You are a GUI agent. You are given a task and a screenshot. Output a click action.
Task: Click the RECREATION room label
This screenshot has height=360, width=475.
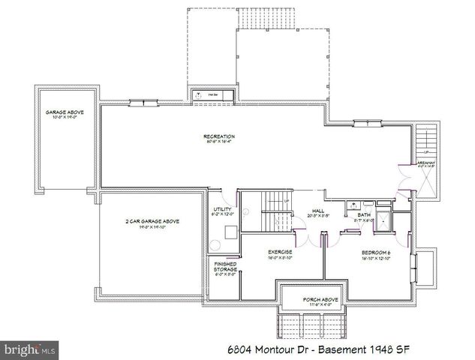coord(219,136)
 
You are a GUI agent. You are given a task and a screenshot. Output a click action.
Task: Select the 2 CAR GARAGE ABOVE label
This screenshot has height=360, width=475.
coord(152,221)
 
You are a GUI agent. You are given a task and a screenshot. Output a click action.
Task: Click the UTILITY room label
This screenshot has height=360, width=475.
coord(223,209)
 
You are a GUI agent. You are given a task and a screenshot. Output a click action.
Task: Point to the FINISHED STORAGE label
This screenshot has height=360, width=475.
coord(225,266)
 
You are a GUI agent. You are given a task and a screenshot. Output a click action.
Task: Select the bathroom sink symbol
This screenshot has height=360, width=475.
coord(352,204)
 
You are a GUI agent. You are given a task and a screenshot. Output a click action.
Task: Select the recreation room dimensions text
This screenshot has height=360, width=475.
coord(219,142)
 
